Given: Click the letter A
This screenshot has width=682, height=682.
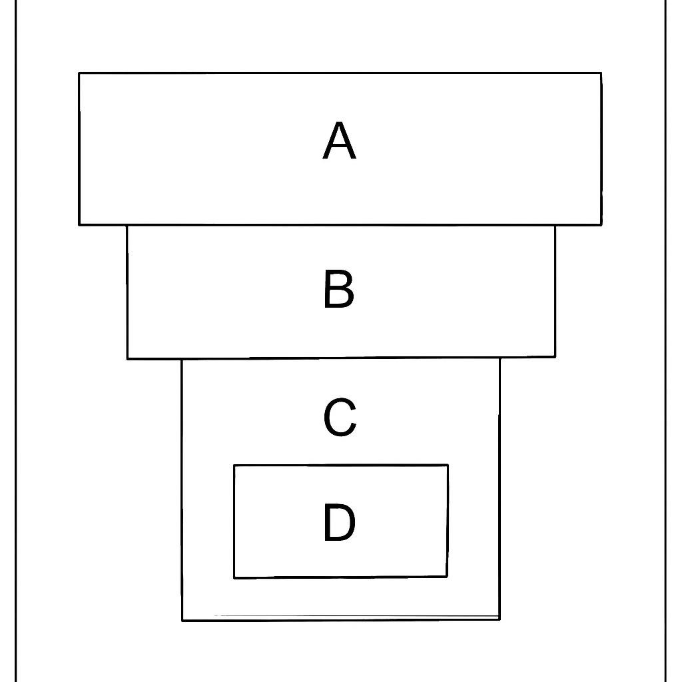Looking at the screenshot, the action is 339,141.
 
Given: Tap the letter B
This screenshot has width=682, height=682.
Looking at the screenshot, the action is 339,289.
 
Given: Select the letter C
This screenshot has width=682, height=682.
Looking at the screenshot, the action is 340,417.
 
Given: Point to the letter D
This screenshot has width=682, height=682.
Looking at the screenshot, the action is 340,522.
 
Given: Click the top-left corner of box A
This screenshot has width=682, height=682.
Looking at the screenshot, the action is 79,73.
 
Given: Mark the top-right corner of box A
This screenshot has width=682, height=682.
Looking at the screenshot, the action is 601,73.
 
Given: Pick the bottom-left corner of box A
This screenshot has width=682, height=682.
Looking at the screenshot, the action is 79,225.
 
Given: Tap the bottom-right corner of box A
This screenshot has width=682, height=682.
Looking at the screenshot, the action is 601,225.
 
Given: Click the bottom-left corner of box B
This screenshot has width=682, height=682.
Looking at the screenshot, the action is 127,359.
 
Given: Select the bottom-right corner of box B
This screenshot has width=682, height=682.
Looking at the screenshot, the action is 555,357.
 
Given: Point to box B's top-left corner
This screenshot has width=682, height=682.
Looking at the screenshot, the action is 127,225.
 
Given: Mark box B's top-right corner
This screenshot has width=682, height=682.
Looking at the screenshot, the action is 555,225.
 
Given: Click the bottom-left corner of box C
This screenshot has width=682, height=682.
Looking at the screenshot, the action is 182,621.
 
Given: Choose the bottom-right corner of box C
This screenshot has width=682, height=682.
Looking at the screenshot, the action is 500,619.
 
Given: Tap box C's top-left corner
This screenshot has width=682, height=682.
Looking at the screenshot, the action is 182,359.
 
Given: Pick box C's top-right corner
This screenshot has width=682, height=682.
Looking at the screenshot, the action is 500,358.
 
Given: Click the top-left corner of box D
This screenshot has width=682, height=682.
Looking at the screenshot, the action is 234,466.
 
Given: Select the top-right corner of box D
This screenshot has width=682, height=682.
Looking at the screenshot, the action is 448,465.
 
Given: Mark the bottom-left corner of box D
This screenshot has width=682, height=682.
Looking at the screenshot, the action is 234,578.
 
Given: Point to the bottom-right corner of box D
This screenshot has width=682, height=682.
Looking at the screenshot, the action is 447,577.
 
